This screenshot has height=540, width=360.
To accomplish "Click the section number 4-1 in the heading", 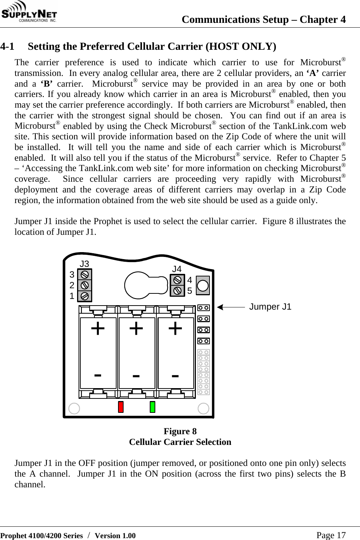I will coord(8,47).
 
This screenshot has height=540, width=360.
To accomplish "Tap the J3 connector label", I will coord(84,264).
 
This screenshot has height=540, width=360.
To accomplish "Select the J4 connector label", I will coord(177,269).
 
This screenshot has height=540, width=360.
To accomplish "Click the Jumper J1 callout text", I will coord(270,307).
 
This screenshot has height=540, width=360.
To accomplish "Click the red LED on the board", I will coord(121,407).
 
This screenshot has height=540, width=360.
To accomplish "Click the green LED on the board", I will coord(152,407).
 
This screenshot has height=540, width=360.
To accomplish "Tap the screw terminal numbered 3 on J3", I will coord(85,275).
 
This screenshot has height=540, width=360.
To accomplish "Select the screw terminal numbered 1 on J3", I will coord(85,296).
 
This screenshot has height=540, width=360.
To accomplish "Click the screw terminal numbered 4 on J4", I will coord(177,280).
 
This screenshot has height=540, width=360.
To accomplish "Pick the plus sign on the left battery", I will coord(98,328).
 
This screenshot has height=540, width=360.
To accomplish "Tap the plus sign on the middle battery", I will coord(136,328).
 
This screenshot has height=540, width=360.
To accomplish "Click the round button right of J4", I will coord(203,286).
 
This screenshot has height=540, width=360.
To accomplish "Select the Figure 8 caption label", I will coord(180,431).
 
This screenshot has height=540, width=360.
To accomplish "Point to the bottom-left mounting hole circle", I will coord(74,408).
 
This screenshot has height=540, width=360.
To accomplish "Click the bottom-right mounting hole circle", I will coord(203,408).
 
